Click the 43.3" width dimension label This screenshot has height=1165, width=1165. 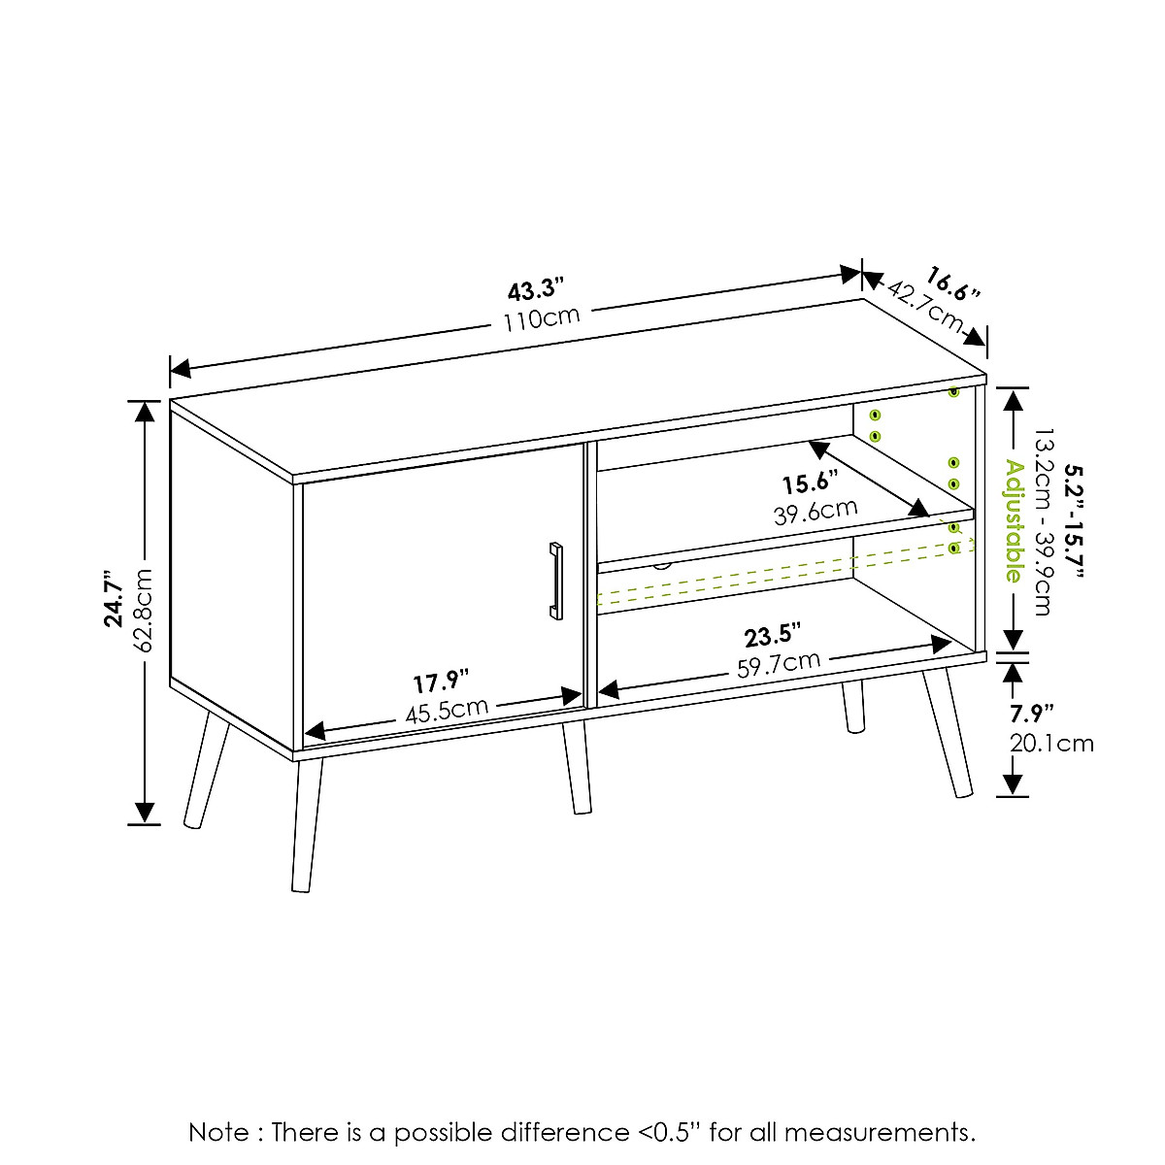click(x=535, y=288)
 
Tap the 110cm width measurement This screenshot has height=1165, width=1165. click(x=541, y=317)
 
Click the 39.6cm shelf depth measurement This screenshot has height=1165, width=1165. click(x=815, y=511)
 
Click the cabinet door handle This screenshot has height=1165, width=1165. click(x=555, y=580)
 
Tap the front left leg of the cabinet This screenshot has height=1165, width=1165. click(x=305, y=825)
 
